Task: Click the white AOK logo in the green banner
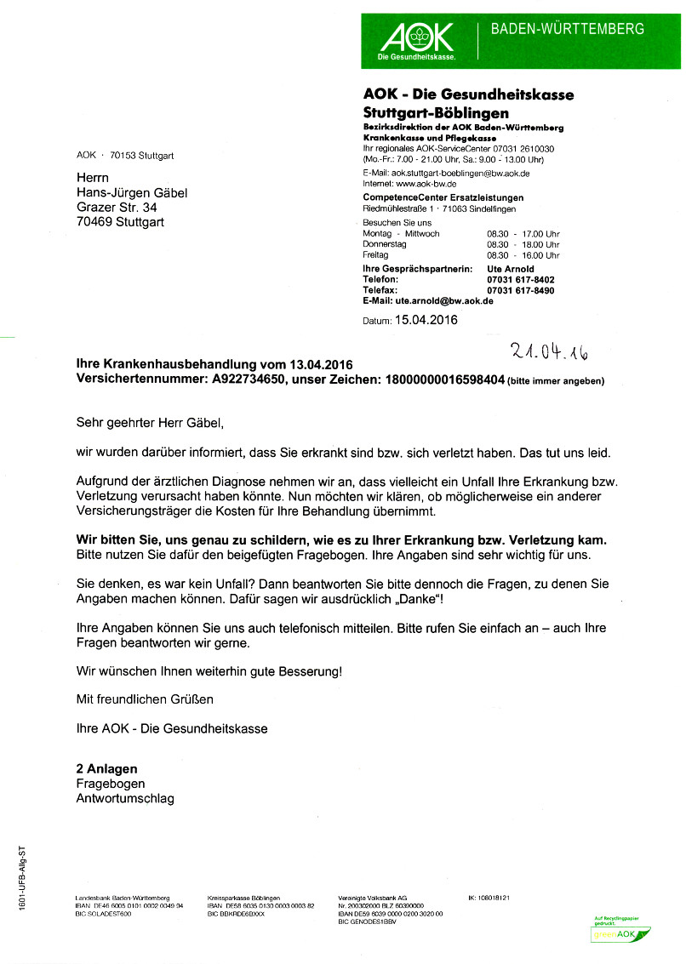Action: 416,39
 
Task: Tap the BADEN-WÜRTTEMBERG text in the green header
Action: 568,30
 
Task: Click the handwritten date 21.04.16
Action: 550,350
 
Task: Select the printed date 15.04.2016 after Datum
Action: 420,321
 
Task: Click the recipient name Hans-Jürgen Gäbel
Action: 132,192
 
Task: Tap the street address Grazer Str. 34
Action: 117,207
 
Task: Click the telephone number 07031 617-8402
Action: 520,280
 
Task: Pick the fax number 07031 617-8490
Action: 520,290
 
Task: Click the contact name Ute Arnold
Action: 511,269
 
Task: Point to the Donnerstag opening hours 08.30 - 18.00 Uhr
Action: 523,244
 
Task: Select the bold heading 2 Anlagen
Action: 106,768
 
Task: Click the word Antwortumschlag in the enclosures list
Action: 125,798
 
